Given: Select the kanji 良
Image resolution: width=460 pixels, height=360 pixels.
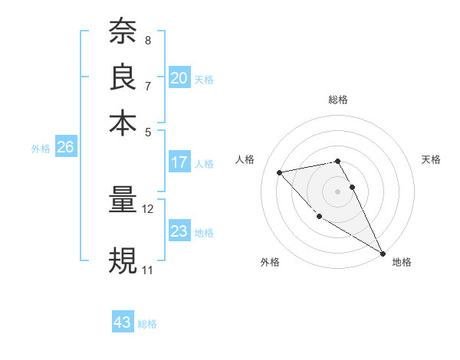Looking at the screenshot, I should coord(123,77).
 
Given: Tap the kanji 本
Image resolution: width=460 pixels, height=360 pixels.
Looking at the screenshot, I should coord(123,123).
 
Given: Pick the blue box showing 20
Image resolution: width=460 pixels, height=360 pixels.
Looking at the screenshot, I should coord(179,78).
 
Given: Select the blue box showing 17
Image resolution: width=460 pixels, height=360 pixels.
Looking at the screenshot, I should coord(179,162).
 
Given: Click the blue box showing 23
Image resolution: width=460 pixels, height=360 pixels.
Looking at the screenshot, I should coord(179,231).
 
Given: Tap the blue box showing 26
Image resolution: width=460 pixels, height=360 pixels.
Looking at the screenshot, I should coord(65,148).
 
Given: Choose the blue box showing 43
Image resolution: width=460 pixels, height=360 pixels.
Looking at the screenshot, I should coord(123,322).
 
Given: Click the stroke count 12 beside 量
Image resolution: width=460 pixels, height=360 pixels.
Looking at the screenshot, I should coord(148,208).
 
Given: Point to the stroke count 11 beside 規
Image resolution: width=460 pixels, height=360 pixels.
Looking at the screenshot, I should coord(147,270).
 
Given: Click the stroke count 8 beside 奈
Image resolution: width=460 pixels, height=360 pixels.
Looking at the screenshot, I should coord(148,40).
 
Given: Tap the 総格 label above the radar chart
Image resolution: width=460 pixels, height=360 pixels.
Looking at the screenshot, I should coord(338,100).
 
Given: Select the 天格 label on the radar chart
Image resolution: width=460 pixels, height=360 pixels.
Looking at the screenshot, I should coord(431,159).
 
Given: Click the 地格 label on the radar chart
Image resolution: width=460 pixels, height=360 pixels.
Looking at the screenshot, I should coord(402,262).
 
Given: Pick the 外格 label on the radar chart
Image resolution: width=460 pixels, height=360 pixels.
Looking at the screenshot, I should coord(270,262).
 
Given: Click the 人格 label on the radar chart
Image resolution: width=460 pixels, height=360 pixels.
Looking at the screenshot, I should coord(245,159).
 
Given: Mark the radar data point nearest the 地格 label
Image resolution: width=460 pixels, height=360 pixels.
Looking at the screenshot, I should coord(383,254).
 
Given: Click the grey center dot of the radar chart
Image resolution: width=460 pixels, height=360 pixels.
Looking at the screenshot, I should coord(338,191).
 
